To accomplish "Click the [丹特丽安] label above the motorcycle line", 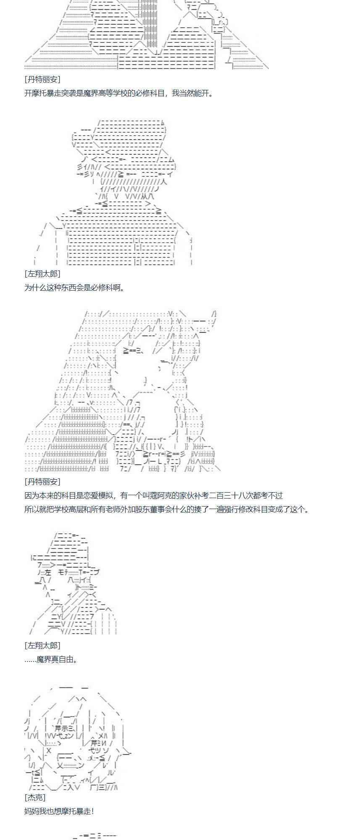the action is (42, 79).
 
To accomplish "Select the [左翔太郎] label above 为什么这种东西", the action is (42, 274).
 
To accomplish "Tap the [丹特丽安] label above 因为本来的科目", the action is (42, 482).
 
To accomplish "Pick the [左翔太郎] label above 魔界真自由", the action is (42, 646).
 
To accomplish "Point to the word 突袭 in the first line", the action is (70, 93).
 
